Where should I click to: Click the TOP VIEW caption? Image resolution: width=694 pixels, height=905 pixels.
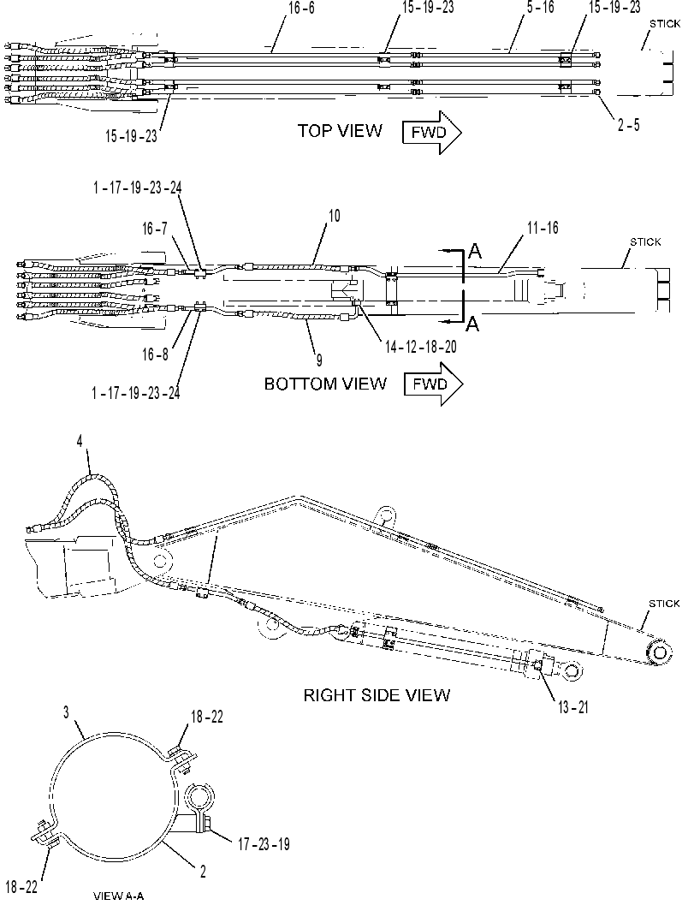(x=340, y=130)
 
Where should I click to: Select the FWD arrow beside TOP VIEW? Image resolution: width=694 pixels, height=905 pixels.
(x=432, y=133)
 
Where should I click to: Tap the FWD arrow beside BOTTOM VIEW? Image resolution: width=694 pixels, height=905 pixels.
(x=433, y=384)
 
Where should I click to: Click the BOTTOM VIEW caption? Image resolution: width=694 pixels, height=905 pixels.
(x=325, y=384)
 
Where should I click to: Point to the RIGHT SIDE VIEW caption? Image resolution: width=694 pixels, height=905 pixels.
(x=377, y=695)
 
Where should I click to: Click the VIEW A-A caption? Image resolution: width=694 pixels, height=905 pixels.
(x=118, y=896)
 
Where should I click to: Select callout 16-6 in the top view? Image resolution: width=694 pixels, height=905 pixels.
(x=301, y=8)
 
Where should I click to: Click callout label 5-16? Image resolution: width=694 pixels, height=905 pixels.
(x=541, y=8)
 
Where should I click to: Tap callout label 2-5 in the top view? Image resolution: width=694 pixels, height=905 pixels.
(x=629, y=125)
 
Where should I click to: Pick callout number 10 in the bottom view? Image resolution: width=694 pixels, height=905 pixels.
(x=335, y=216)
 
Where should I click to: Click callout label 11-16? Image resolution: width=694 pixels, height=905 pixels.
(x=543, y=228)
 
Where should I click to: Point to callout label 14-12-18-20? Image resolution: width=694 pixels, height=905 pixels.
(x=421, y=346)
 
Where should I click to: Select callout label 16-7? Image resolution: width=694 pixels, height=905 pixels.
(x=155, y=229)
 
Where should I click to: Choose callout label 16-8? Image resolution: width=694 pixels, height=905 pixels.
(x=155, y=354)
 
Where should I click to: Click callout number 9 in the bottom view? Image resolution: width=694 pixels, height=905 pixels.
(x=318, y=360)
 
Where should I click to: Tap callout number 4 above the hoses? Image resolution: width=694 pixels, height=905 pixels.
(x=80, y=442)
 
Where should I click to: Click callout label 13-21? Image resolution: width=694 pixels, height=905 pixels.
(x=573, y=707)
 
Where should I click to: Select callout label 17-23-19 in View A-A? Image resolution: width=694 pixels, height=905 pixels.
(x=264, y=844)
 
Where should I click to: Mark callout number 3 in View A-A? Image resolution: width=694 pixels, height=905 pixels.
(x=67, y=713)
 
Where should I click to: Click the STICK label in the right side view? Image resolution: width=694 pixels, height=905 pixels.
(x=664, y=603)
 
